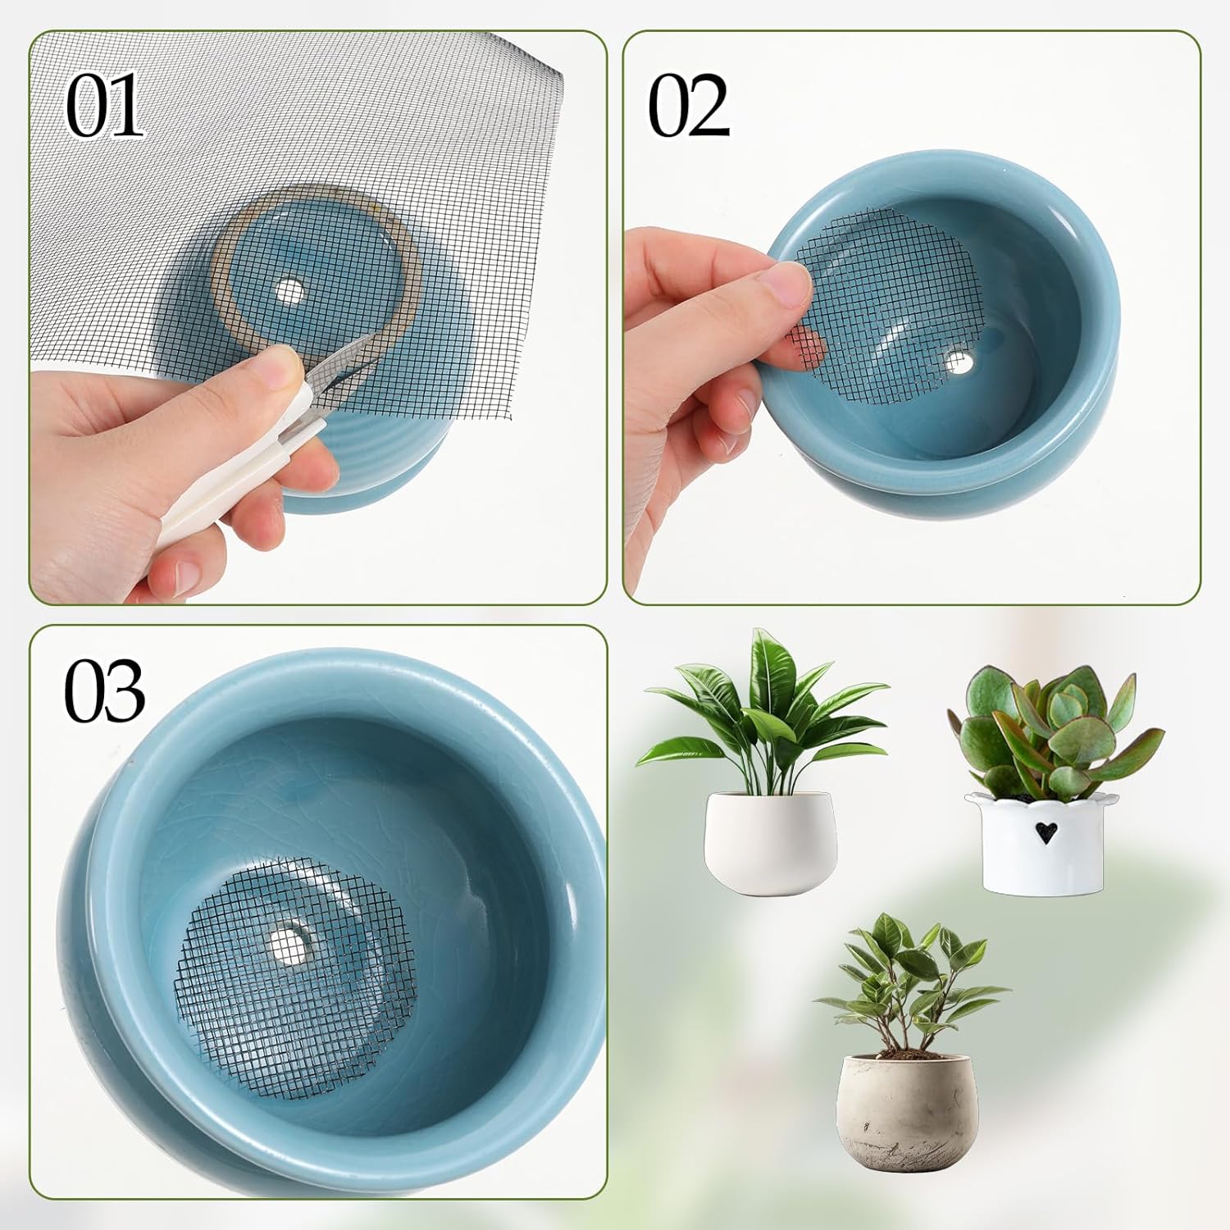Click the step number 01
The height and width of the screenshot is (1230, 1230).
click(x=104, y=107)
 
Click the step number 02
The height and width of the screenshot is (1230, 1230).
click(x=688, y=107)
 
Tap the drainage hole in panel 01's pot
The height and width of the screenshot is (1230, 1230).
click(x=289, y=290)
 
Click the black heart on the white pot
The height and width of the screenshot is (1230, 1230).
click(x=1044, y=833)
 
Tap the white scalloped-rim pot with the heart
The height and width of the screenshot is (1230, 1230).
click(x=1035, y=845)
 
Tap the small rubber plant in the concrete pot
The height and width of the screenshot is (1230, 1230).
click(x=906, y=984)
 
